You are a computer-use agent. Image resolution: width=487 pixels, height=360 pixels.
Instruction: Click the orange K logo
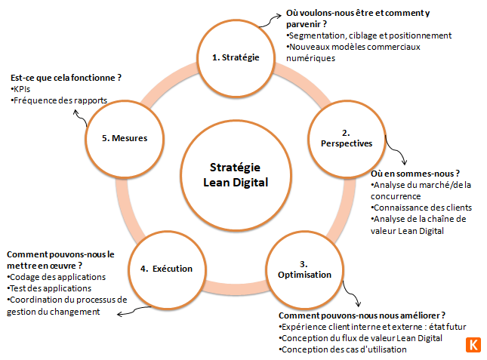pos(473,345)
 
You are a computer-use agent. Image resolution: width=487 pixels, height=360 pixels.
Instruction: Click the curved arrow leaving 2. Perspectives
pos(396,150)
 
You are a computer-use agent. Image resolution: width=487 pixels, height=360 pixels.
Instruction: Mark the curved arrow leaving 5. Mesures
pos(81,118)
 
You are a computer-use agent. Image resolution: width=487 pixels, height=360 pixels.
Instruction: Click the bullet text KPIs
pos(20,89)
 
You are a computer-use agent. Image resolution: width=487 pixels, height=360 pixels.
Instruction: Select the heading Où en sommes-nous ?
pos(415,174)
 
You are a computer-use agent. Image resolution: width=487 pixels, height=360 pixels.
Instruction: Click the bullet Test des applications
pos(49,288)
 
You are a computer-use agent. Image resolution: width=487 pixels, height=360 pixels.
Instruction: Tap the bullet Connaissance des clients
pos(421,208)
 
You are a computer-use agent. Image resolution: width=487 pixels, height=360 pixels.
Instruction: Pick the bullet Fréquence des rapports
pos(59,100)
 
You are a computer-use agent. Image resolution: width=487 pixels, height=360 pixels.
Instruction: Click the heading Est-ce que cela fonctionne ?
pos(66,78)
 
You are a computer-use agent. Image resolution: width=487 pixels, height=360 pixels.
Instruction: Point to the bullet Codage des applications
pos(56,277)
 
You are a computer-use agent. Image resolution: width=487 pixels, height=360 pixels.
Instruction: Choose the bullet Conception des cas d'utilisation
pos(343,349)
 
